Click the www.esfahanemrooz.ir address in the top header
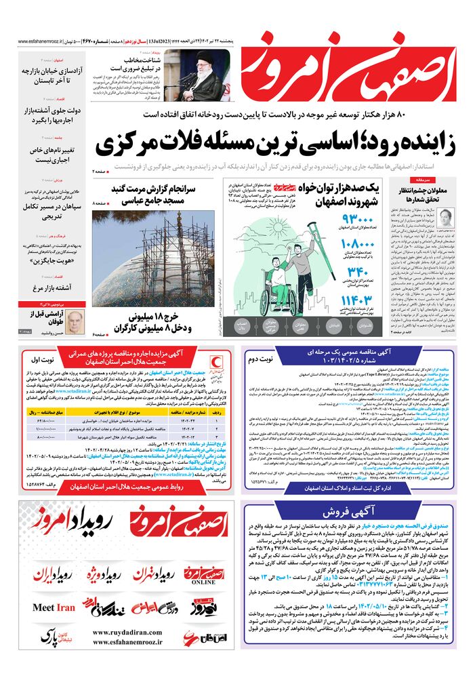point(38,41)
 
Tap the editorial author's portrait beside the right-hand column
point(445,218)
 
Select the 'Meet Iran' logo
point(54,607)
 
